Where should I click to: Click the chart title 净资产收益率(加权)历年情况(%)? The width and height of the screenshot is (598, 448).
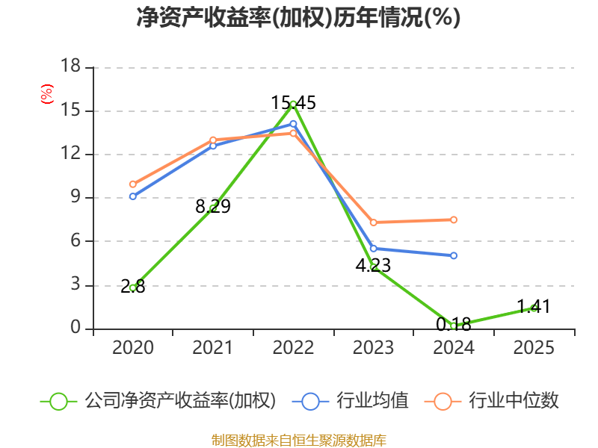[x=298, y=17]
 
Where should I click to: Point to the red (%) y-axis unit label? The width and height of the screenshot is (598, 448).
[x=47, y=94]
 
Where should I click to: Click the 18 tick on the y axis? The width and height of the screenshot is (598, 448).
[x=70, y=67]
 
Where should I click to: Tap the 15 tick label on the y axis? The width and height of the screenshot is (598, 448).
[x=70, y=111]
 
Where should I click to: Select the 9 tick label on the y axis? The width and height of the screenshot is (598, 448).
[x=75, y=198]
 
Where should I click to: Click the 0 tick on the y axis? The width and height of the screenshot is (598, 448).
[x=75, y=329]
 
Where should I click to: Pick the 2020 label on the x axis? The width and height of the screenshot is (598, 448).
[x=132, y=348]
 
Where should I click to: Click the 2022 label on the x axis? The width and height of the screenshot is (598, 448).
[x=293, y=348]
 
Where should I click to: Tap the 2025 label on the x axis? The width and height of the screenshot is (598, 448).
[x=534, y=348]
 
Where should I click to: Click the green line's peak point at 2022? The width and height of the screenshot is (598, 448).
[x=293, y=104]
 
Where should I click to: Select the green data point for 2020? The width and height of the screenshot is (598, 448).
[x=132, y=287]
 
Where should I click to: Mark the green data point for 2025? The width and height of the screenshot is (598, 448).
[x=534, y=308]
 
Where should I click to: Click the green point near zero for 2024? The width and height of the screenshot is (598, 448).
[x=454, y=326]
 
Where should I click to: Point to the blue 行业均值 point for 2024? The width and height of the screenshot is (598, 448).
[x=454, y=255]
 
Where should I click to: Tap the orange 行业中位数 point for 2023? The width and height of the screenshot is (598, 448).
[x=373, y=223]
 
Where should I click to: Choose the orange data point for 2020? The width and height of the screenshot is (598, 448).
[x=132, y=184]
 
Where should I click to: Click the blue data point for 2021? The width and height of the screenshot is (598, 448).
[x=213, y=146]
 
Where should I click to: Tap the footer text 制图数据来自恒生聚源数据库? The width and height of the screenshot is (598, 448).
[x=298, y=440]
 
